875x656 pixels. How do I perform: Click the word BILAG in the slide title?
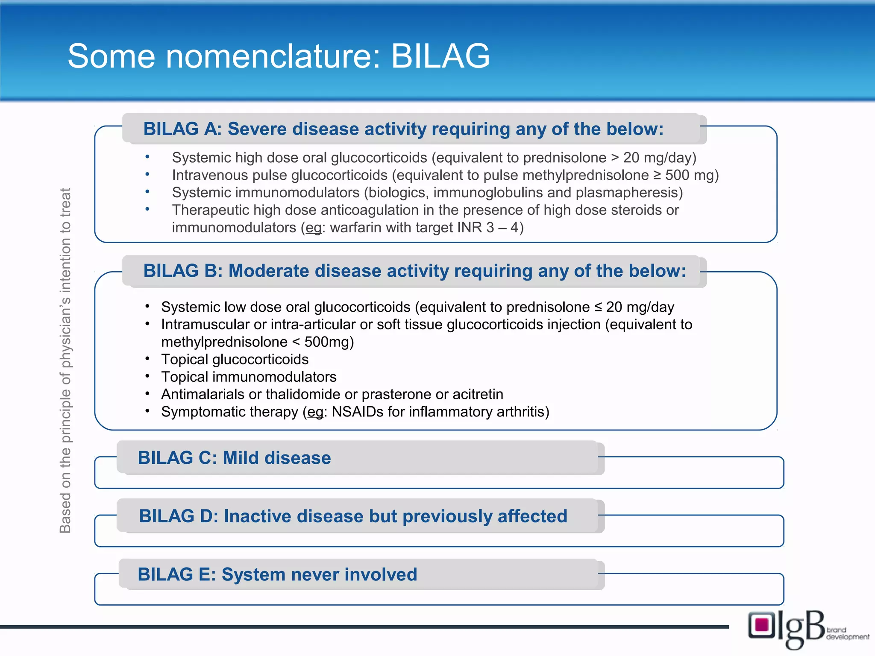point(440,56)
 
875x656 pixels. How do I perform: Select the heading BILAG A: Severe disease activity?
point(403,129)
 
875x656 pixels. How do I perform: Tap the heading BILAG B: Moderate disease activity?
point(414,271)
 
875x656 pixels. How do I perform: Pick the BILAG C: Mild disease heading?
point(234,458)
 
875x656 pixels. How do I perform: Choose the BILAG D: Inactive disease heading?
point(353,516)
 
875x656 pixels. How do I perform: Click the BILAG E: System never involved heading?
point(277,574)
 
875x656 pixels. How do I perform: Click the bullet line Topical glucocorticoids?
point(235,360)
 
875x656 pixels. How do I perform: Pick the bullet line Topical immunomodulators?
point(249,377)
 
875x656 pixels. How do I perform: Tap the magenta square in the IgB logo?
point(761,625)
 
